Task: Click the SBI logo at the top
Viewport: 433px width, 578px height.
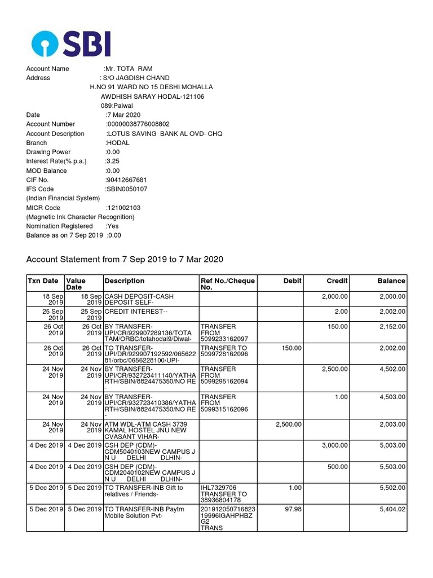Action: tap(71, 44)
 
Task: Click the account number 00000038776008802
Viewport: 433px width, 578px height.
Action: tap(138, 124)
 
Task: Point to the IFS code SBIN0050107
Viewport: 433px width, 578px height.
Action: tap(127, 189)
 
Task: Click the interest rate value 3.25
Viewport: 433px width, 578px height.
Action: tap(113, 161)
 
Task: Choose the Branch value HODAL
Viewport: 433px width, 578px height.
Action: tap(117, 143)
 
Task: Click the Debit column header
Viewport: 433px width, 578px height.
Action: tap(293, 281)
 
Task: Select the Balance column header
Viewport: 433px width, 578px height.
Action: tap(391, 281)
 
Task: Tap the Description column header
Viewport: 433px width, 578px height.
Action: tap(125, 281)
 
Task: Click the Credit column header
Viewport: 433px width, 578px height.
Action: tap(337, 281)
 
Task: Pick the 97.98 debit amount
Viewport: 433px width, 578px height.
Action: tap(291, 509)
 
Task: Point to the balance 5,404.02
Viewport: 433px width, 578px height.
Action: tap(390, 509)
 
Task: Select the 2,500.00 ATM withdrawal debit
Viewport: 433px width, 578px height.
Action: tap(287, 424)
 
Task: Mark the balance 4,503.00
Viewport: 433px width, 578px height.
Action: tap(390, 397)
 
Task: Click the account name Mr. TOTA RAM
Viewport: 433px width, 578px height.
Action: tap(129, 69)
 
